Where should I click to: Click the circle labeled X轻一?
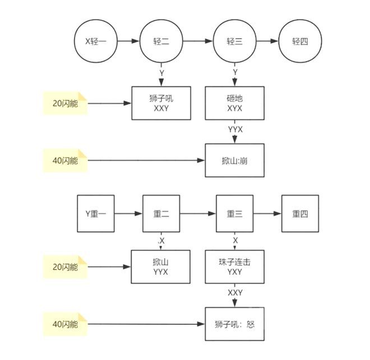tap(96, 41)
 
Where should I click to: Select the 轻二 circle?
tap(161, 41)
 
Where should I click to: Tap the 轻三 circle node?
tap(235, 41)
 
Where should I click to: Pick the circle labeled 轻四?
tap(300, 41)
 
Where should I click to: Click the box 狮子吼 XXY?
tap(161, 103)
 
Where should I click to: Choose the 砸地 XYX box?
tap(235, 103)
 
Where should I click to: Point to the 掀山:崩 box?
tap(235, 161)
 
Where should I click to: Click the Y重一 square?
tap(96, 213)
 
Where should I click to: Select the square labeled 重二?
tap(161, 213)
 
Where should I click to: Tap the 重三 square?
tap(235, 213)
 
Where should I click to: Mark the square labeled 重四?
tap(300, 213)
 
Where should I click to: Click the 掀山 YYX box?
tap(161, 267)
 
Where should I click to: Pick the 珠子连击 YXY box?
tap(235, 267)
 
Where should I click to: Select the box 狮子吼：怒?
tap(235, 324)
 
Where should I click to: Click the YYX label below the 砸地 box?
tap(235, 129)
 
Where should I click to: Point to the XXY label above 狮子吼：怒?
tap(235, 293)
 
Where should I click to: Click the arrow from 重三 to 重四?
tap(267, 213)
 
